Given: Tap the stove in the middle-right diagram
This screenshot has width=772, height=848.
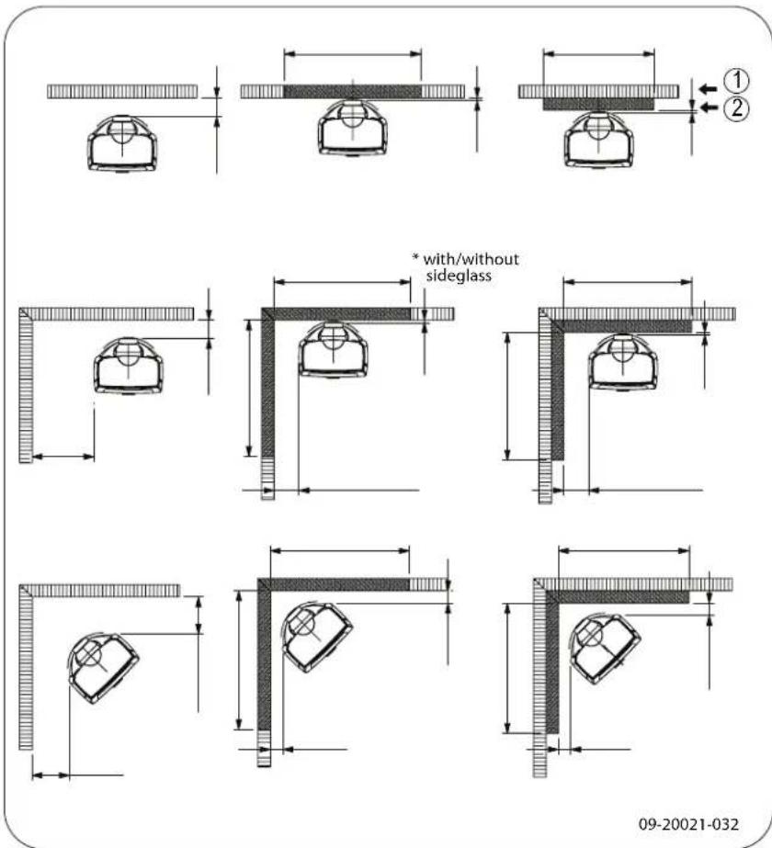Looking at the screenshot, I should pos(623,359).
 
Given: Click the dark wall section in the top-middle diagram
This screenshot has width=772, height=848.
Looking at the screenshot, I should pos(352,92).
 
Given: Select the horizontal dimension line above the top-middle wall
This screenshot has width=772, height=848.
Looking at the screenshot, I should pos(352,53).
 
